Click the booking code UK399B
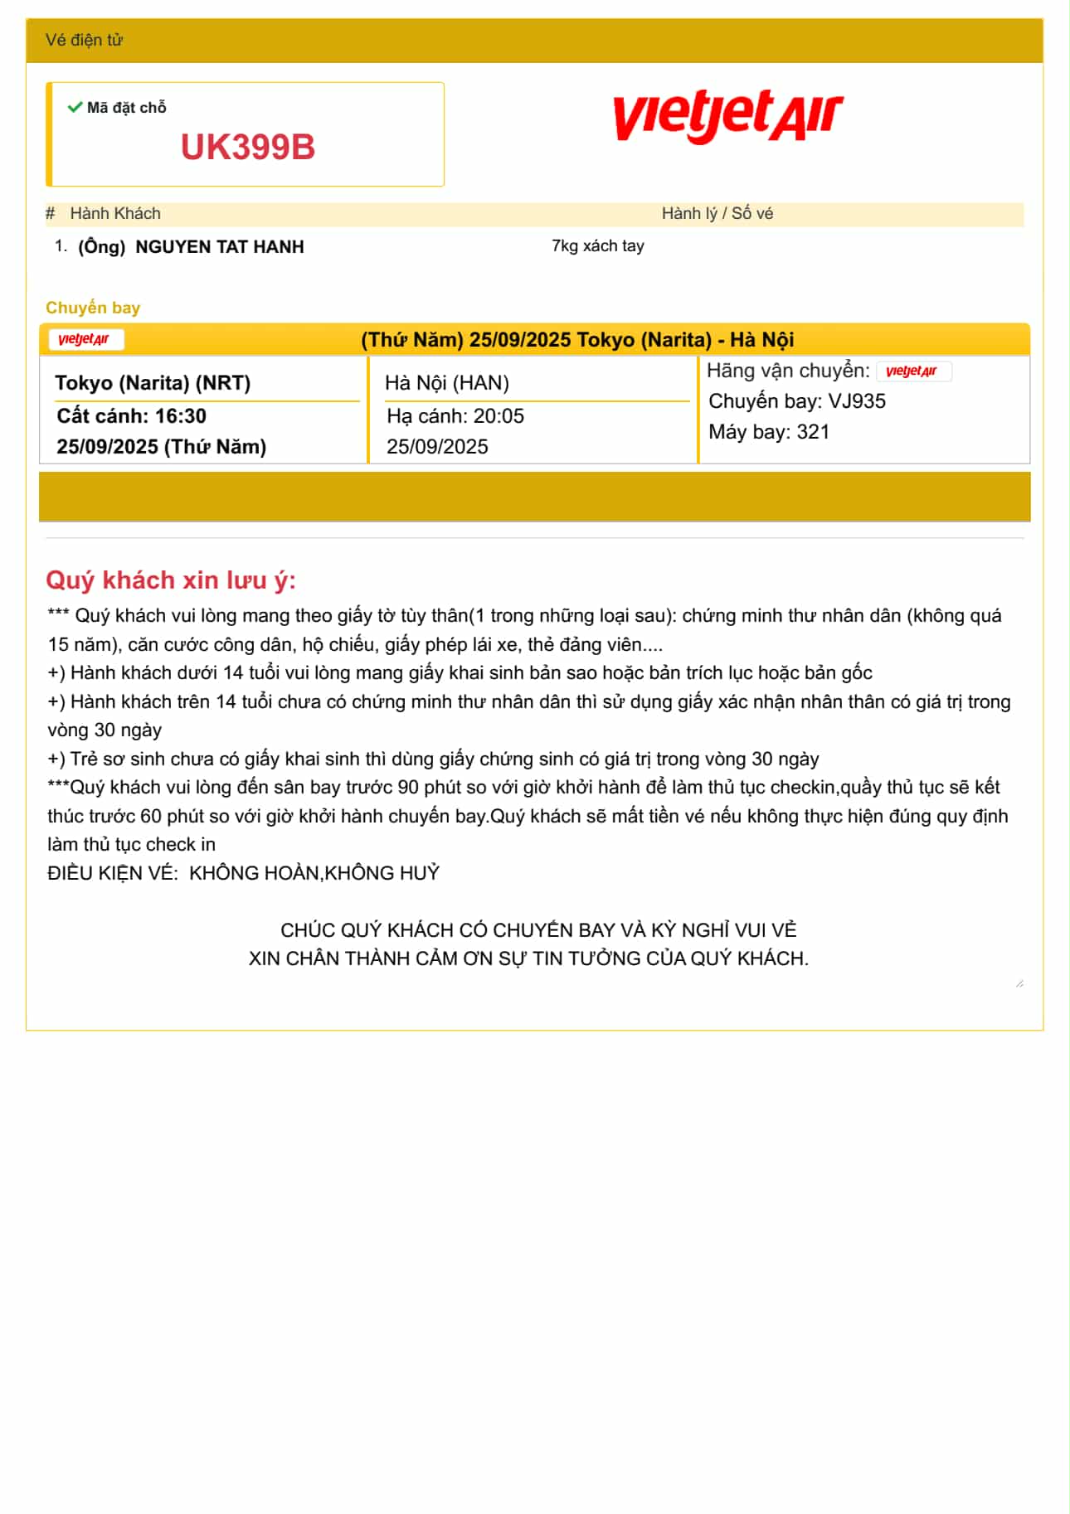(x=248, y=148)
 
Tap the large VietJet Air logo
(x=727, y=115)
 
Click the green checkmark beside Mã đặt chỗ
(x=75, y=107)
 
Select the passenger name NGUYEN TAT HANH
(x=219, y=247)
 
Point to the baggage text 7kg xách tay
(x=597, y=245)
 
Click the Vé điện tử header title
(x=84, y=40)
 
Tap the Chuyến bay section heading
(x=93, y=308)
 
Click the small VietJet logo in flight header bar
(x=85, y=339)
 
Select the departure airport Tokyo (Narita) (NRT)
(x=153, y=383)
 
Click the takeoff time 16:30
(x=180, y=416)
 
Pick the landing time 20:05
(x=499, y=416)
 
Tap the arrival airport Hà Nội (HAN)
(x=446, y=383)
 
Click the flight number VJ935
(x=857, y=401)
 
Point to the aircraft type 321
(x=813, y=432)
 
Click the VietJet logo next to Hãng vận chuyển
(x=912, y=371)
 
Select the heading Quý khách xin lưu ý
(x=170, y=580)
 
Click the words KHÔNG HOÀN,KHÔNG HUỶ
(x=314, y=873)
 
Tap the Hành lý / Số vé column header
(x=717, y=214)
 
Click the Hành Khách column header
(x=115, y=214)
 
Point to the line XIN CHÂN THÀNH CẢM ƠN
(x=528, y=958)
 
